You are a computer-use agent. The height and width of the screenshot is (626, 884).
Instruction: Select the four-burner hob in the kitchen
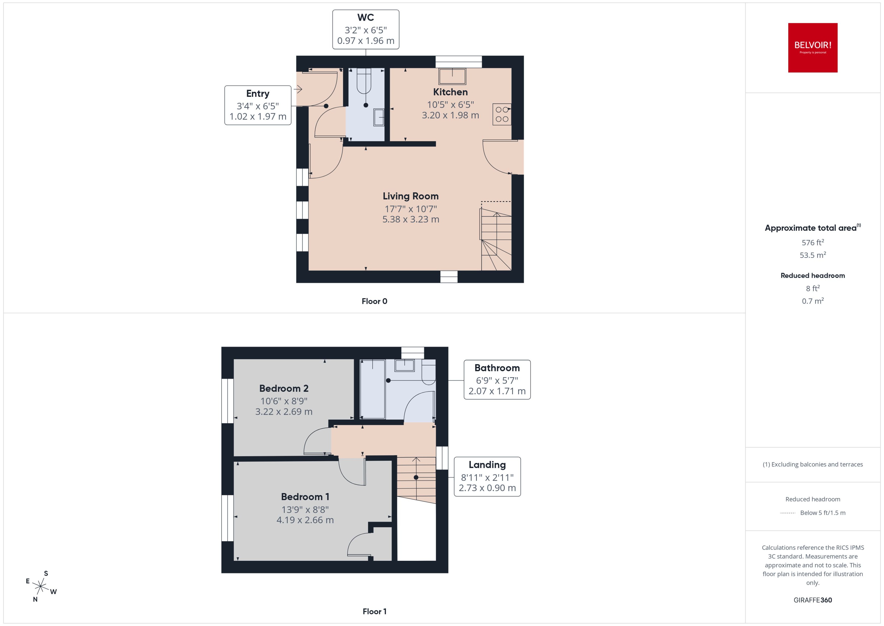[502, 114]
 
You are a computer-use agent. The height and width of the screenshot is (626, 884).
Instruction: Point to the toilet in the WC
[364, 81]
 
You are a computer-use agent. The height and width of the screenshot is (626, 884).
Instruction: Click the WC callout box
[365, 30]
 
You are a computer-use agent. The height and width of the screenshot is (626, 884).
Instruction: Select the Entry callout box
[258, 105]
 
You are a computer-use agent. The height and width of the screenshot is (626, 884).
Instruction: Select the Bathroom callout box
[497, 380]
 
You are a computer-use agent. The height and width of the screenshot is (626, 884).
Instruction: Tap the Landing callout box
[487, 476]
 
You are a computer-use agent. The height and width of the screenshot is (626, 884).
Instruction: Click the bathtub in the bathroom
[372, 389]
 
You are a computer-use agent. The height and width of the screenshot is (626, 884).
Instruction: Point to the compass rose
[40, 586]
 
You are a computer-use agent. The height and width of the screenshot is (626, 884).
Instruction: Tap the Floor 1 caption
[374, 611]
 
